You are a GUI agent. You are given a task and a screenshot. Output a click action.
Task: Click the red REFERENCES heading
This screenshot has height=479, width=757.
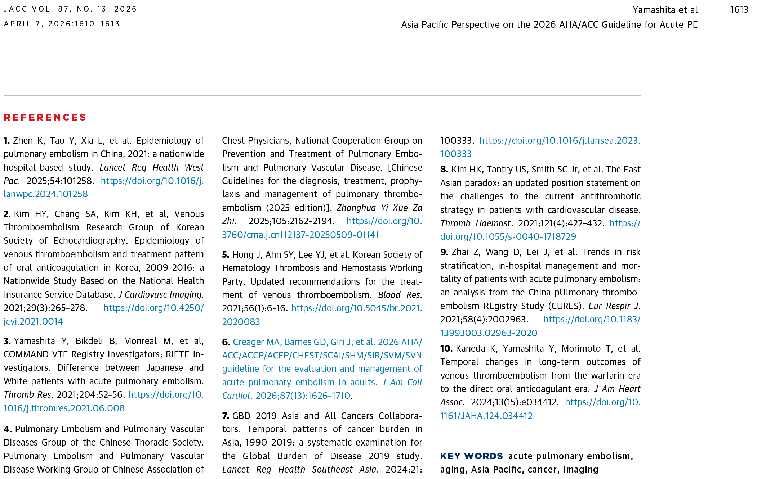[45, 117]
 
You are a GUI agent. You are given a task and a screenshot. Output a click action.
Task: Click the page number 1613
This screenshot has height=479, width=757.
[739, 10]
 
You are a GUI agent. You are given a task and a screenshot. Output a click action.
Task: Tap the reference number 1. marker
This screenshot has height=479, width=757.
[7, 141]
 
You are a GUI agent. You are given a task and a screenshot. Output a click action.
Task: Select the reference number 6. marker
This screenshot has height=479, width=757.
[226, 342]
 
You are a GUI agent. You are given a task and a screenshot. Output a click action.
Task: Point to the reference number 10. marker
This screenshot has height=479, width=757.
[446, 349]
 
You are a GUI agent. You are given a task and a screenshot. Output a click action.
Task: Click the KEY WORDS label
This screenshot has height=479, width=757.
[471, 456]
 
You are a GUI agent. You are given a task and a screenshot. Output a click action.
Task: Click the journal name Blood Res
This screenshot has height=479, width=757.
[400, 295]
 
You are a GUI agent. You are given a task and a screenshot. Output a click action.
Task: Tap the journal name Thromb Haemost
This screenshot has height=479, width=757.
[475, 223]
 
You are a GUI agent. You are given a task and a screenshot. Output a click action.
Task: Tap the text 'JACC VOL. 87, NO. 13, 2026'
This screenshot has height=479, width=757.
[70, 9]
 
